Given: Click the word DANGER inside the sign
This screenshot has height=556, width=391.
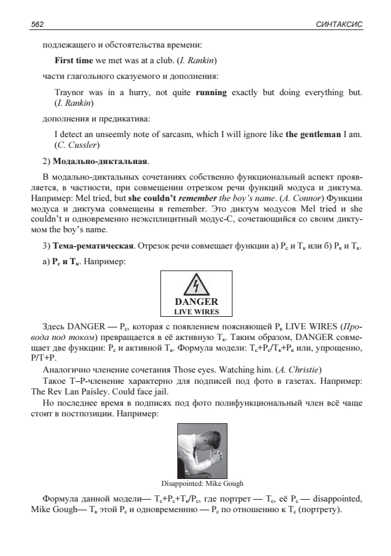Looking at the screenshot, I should (x=196, y=302).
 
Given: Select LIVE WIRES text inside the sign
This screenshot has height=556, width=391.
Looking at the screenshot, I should (x=196, y=311).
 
